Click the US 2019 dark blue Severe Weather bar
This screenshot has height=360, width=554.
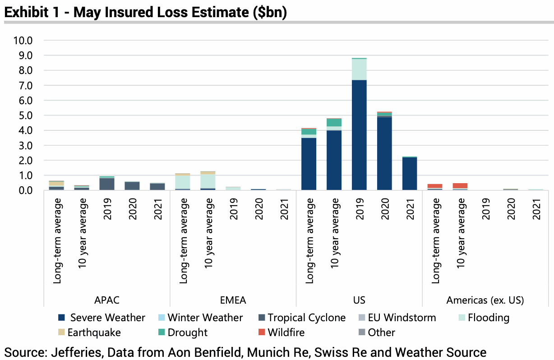(359, 135)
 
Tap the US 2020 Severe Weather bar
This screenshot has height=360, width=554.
(384, 153)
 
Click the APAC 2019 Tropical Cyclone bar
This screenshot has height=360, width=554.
(107, 184)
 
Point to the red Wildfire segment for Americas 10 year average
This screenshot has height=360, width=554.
(460, 185)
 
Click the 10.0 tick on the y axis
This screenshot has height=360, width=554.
(23, 41)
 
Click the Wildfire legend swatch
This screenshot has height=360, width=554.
(261, 332)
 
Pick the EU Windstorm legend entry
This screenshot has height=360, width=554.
(402, 318)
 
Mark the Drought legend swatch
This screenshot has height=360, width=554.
(161, 332)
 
